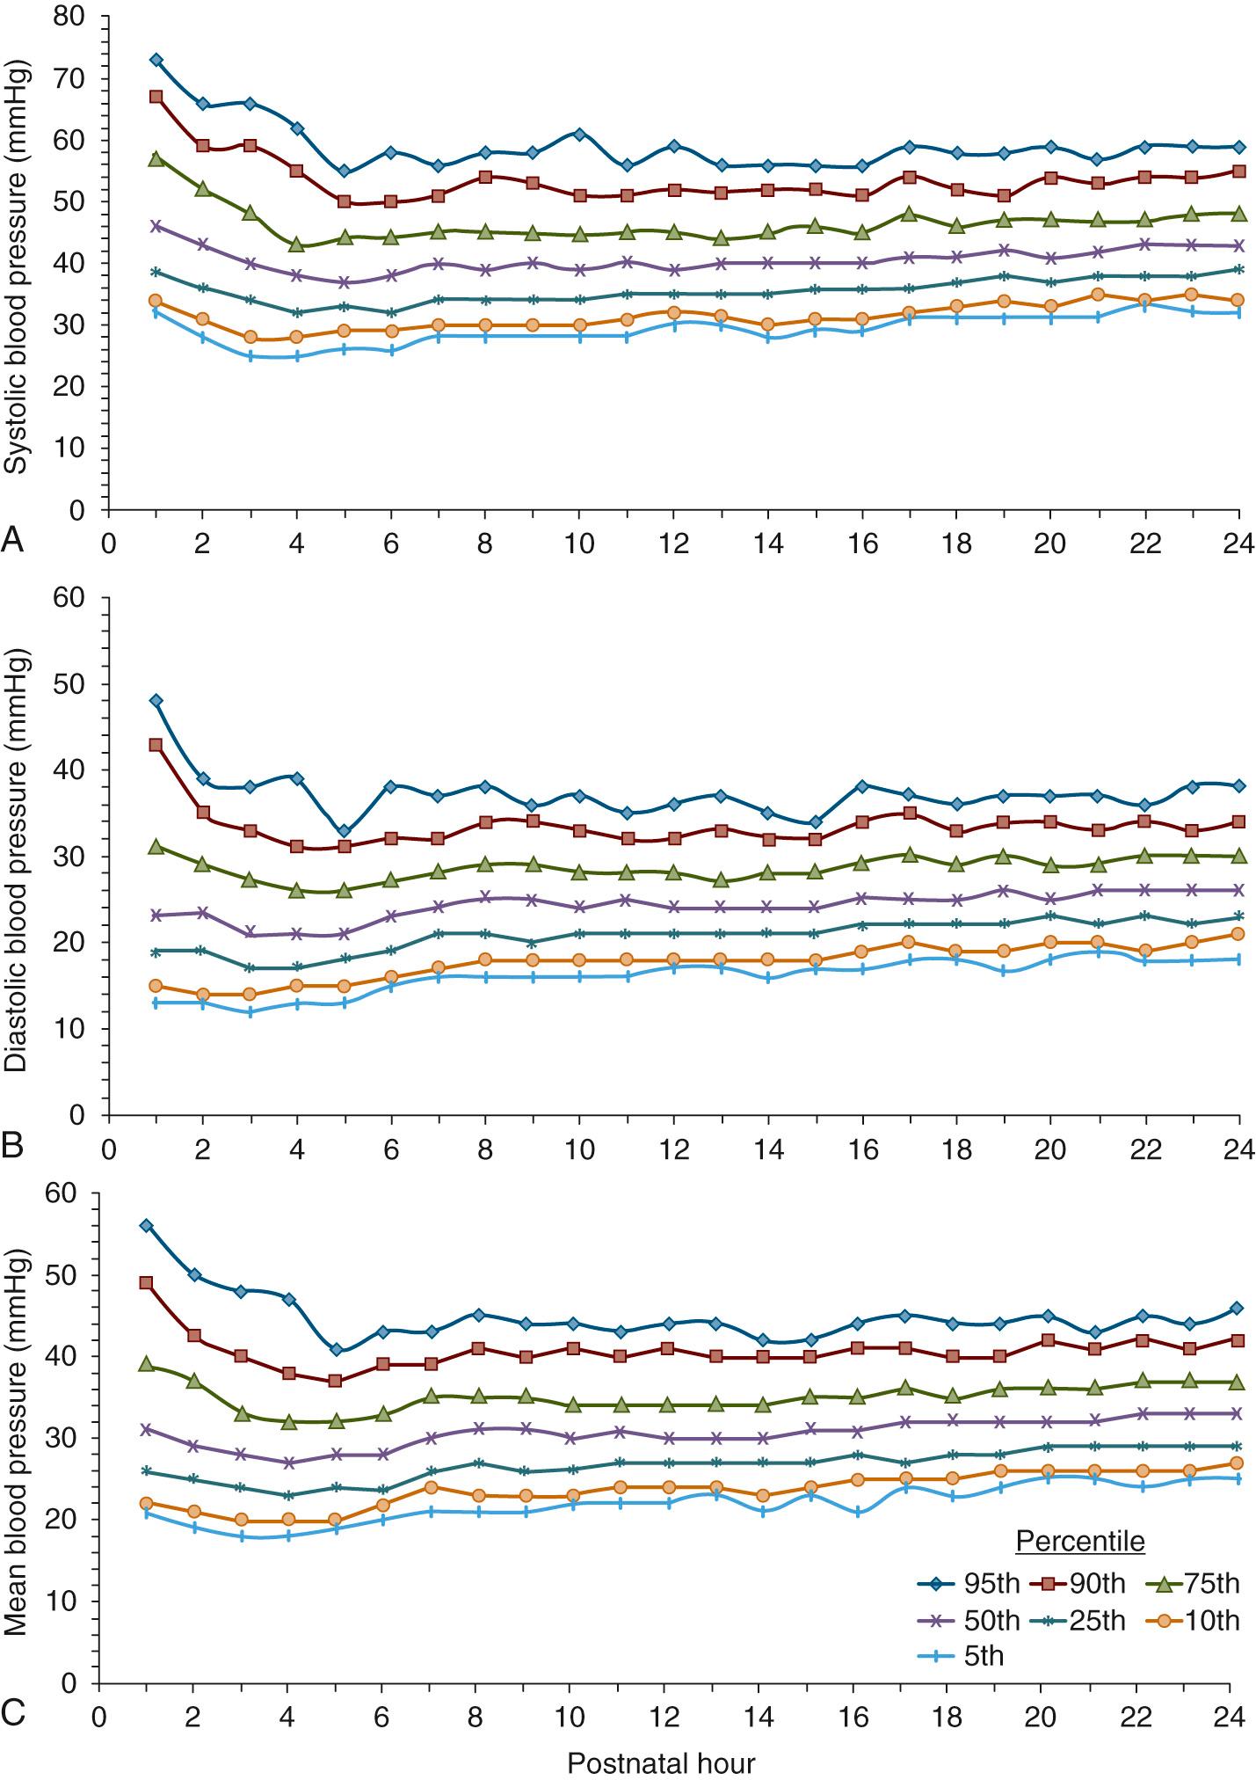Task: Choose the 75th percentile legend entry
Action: (x=1194, y=1584)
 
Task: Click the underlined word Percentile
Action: (x=1080, y=1541)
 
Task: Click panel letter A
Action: (x=12, y=539)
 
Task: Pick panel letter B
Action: (x=12, y=1146)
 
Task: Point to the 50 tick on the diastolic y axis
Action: (x=81, y=684)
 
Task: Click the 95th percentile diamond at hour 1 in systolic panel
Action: (x=156, y=60)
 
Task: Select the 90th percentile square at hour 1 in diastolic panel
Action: (x=156, y=745)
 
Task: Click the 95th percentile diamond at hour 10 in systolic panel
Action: (x=579, y=134)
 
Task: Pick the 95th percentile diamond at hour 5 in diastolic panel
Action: (x=345, y=831)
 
